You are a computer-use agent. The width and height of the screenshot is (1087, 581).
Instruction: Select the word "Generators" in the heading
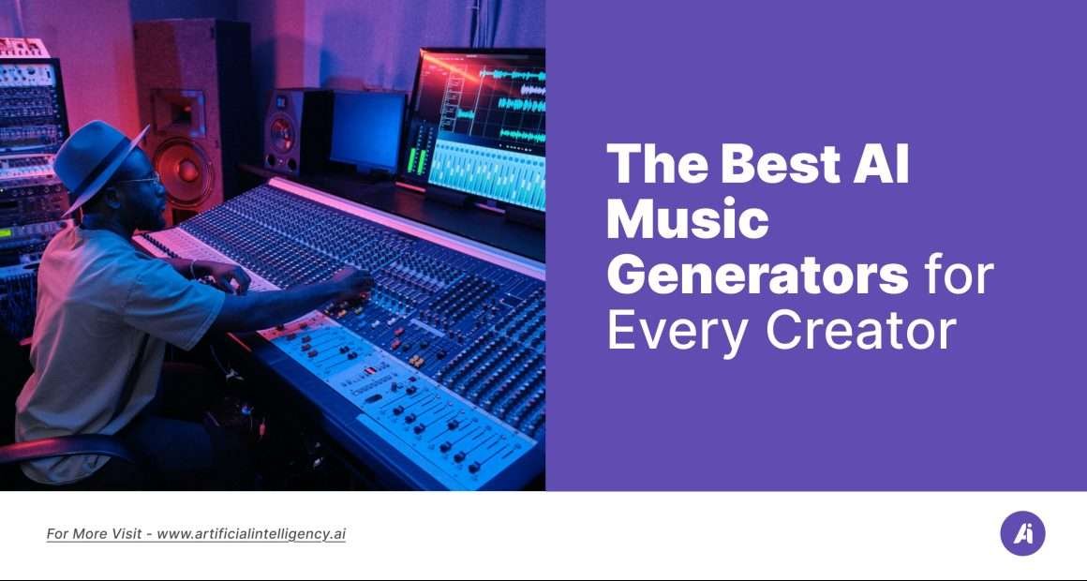coord(757,276)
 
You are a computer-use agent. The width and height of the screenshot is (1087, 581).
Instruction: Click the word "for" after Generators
coord(959,276)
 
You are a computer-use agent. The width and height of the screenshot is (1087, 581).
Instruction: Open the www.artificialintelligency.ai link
coord(251,534)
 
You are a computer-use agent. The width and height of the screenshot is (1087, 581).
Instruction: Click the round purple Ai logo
coord(1022,534)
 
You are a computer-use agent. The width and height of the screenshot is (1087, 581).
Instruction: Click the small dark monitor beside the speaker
coord(367,131)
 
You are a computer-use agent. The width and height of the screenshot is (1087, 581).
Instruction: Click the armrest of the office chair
coord(66,449)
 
